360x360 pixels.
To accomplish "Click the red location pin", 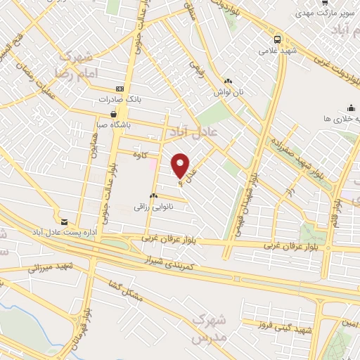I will (181, 166).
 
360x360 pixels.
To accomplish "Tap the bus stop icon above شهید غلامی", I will (278, 39).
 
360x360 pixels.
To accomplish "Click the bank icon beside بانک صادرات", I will (119, 90).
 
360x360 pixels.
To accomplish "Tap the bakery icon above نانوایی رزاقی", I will (153, 195).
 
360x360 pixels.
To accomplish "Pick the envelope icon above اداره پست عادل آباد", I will (65, 220).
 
